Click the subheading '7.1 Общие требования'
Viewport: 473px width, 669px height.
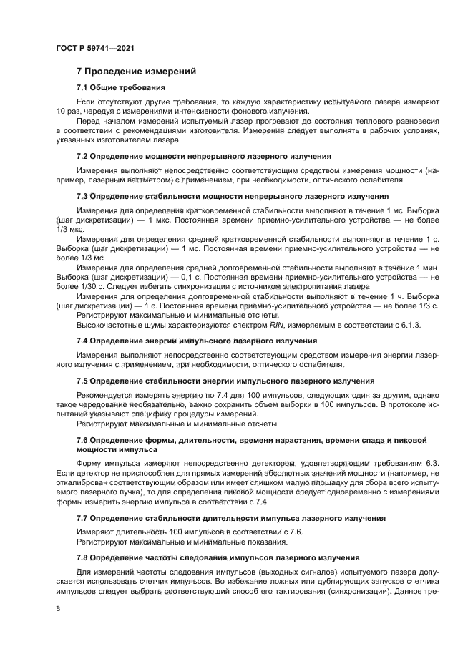click(121, 87)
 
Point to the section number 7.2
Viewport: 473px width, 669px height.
click(83, 156)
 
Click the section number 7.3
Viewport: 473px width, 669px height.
click(83, 195)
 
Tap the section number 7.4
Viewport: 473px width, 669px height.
click(83, 341)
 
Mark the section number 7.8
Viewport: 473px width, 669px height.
click(83, 557)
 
